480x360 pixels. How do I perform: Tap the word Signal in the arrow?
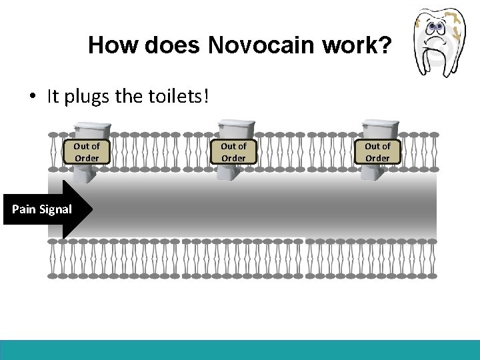55,209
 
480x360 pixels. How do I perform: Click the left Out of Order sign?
87,152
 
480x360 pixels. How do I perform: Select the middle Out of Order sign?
233,152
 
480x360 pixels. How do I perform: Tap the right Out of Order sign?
377,152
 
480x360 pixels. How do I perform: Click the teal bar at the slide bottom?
240,350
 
